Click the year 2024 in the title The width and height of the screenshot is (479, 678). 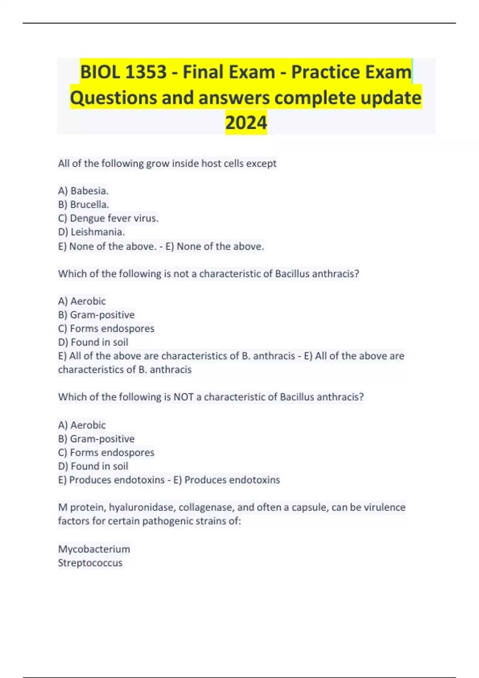coord(246,122)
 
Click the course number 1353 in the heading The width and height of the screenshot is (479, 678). coord(146,72)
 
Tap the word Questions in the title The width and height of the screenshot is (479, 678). coord(113,98)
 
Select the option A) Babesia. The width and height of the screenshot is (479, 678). coord(83,191)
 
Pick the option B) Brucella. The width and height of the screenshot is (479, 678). coord(83,204)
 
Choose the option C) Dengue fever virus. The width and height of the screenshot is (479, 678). coord(108,218)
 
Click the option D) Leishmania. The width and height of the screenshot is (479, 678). coord(91,232)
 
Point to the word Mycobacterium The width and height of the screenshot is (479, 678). coord(94,549)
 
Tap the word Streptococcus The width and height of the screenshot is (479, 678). coord(90,563)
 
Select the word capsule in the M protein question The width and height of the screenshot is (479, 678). coord(308,507)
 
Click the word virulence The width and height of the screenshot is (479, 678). coord(384,507)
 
